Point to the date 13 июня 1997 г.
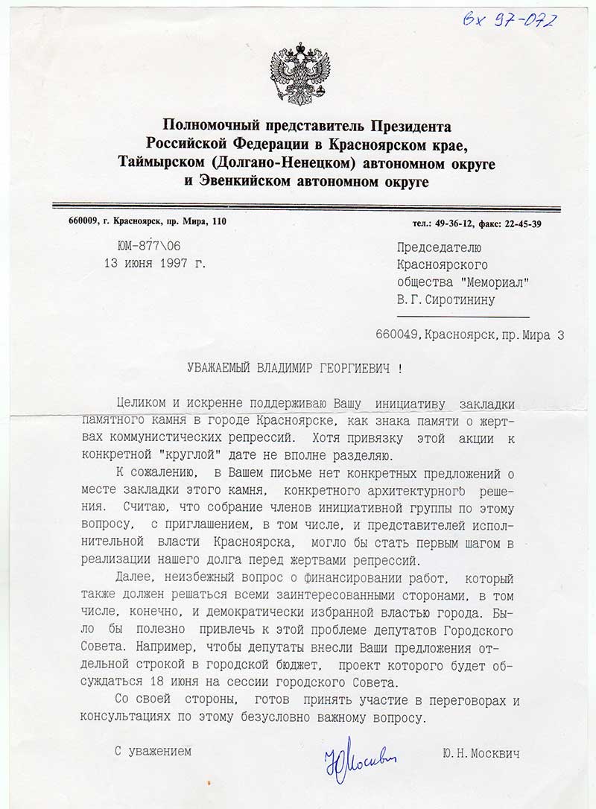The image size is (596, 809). (x=156, y=262)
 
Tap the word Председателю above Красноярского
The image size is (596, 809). (x=440, y=247)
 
